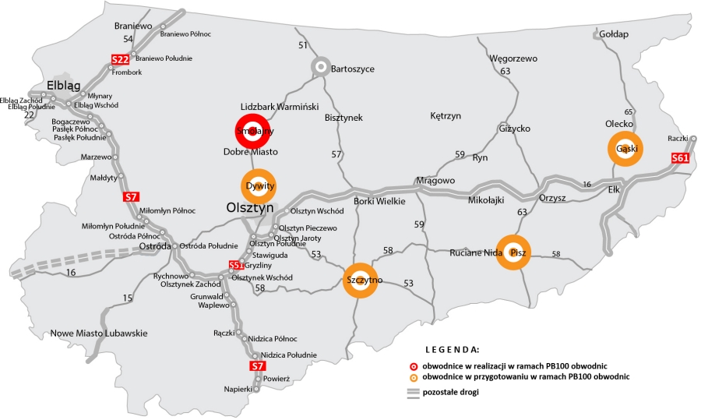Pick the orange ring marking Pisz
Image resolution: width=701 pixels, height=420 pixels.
pos(513,252)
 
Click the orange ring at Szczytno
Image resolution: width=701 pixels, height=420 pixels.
pos(360,280)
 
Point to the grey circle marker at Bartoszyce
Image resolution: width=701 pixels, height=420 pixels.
pos(319,67)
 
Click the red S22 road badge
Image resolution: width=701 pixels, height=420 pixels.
pos(120,58)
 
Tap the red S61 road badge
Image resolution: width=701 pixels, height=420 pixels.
pos(680,159)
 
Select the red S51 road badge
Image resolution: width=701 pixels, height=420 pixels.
pos(236,266)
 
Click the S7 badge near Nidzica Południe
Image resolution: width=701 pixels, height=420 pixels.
pos(258,365)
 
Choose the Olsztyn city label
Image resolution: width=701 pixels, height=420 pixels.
pos(250,209)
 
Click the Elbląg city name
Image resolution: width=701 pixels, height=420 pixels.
pos(64,85)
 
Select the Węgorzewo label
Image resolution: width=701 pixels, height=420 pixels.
pos(513,58)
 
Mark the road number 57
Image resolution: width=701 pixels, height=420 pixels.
pos(336,154)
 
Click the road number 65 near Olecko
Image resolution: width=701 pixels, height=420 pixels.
pos(629,112)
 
